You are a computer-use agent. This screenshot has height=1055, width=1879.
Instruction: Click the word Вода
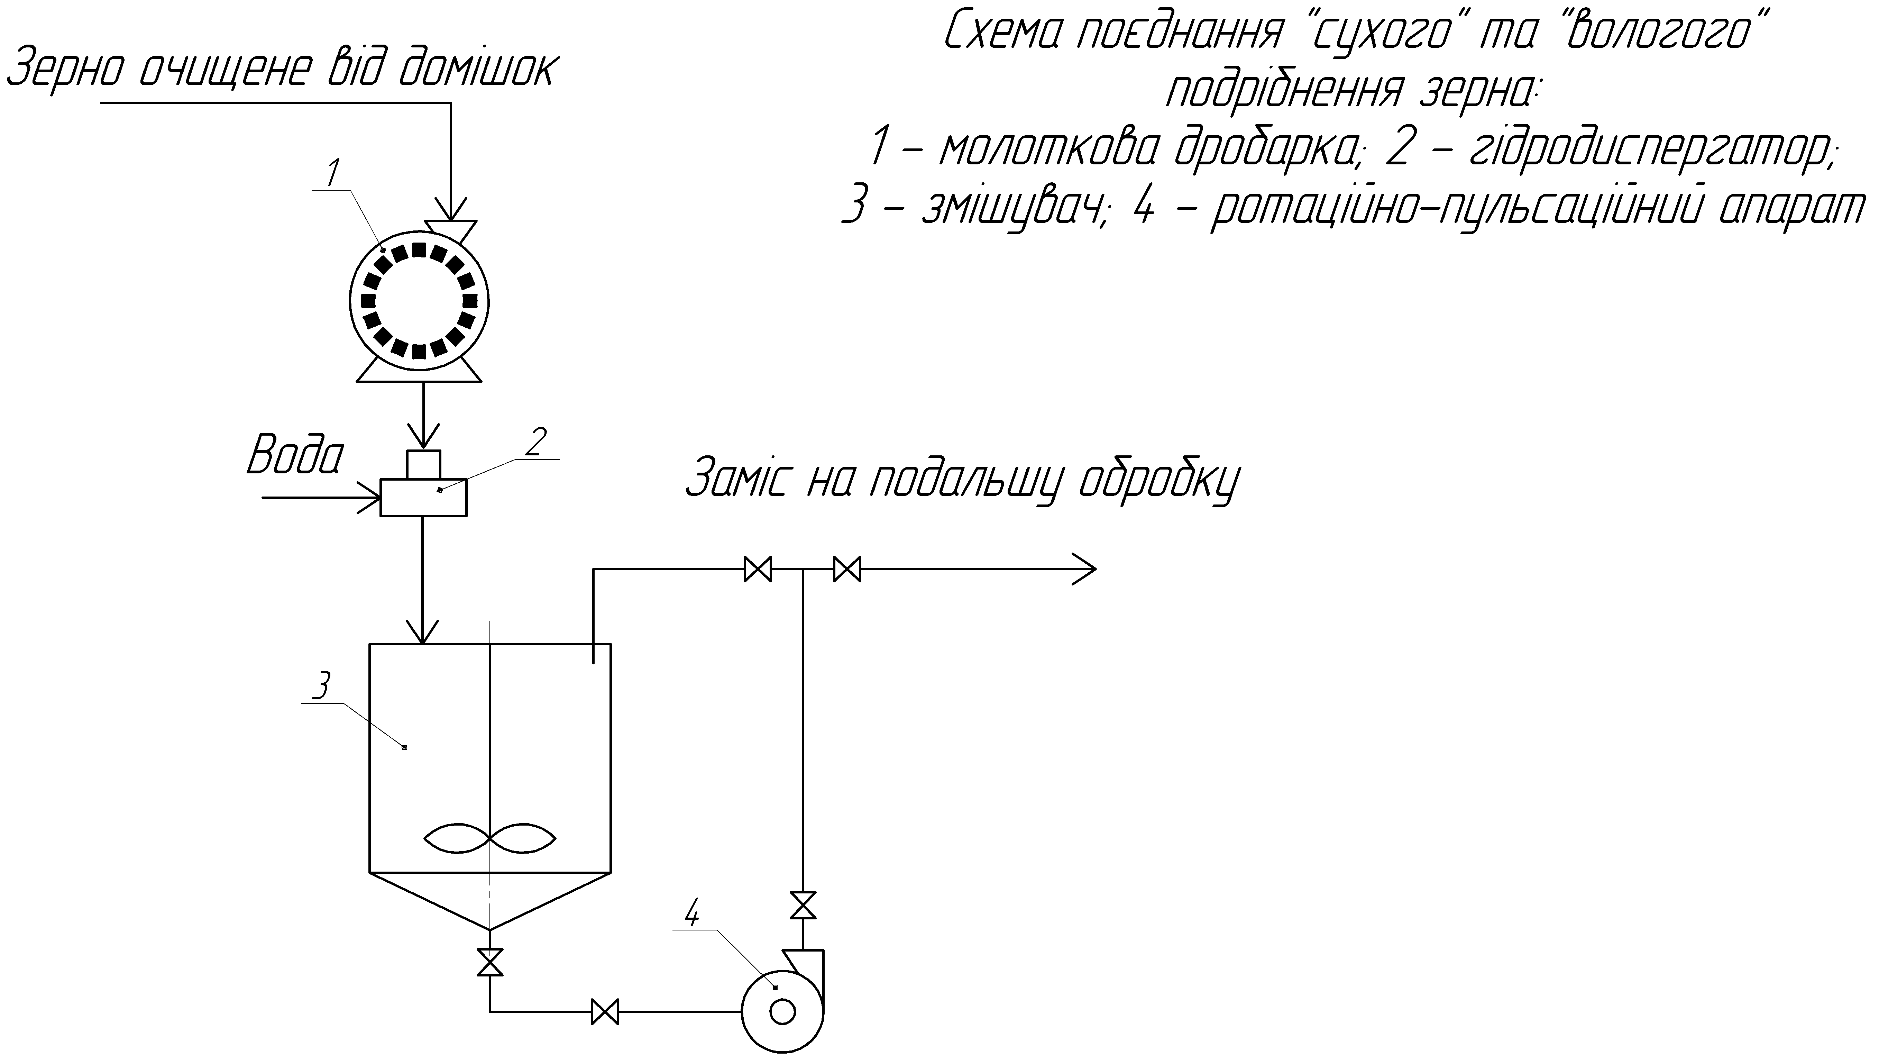tap(295, 456)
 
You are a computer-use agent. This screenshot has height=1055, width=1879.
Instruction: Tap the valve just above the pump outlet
tap(803, 906)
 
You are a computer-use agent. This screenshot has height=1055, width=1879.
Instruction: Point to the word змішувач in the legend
tap(1014, 209)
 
